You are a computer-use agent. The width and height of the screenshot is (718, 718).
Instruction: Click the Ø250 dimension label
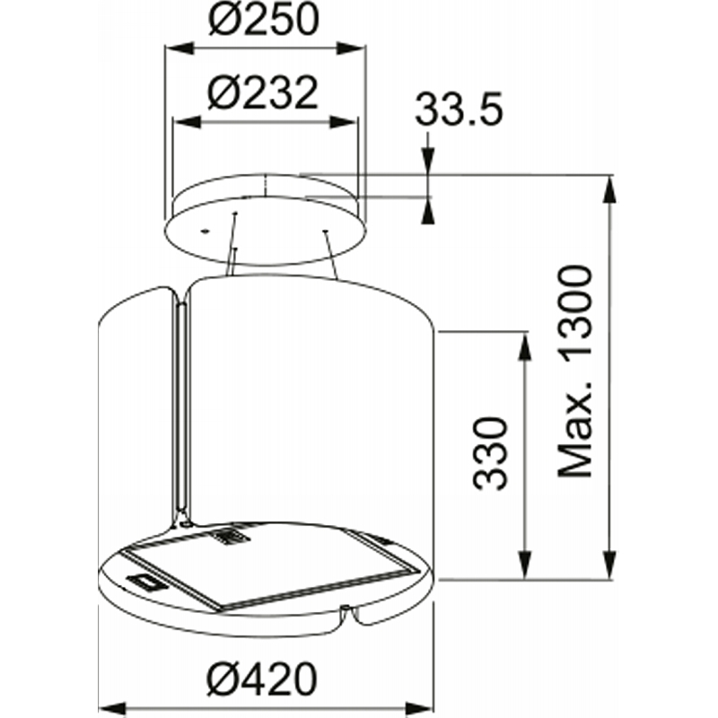[x=263, y=20]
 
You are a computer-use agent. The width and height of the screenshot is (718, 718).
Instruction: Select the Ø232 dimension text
[x=262, y=93]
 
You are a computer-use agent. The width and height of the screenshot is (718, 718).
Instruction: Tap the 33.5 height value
[x=459, y=109]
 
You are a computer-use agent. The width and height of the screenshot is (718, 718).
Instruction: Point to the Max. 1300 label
[x=574, y=372]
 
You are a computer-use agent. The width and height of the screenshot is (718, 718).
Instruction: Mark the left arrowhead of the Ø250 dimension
[x=179, y=48]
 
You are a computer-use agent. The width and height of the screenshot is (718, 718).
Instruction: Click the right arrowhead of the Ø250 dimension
[x=351, y=48]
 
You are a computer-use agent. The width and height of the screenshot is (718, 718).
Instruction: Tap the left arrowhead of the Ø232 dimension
[x=188, y=122]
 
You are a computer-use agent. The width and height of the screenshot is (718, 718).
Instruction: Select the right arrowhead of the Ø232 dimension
[x=343, y=122]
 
